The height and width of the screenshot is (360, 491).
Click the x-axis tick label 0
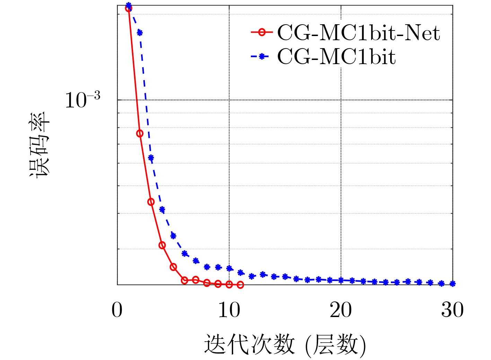pos(117,310)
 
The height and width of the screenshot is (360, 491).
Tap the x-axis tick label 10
pos(229,310)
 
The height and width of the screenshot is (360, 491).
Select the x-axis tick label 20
pos(341,310)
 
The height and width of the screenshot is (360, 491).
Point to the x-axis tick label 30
pos(452,310)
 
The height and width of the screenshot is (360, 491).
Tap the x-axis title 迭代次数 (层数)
pos(285,345)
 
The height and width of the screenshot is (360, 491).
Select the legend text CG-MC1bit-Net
pos(359,33)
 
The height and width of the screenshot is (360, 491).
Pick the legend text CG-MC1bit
pos(336,56)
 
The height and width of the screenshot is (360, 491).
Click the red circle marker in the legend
pos(262,33)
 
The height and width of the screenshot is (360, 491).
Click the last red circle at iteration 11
pos(240,285)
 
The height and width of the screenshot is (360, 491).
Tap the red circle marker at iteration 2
pos(140,133)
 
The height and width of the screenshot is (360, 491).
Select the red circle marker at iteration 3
pos(151,202)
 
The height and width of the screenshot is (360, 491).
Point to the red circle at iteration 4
pos(162,245)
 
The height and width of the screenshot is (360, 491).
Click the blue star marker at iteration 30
pos(452,284)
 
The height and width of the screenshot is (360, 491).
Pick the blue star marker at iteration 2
pos(140,33)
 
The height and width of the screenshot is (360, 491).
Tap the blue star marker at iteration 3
pos(151,158)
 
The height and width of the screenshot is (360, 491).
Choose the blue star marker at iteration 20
pos(341,280)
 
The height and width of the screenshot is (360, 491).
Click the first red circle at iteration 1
pos(129,8)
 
